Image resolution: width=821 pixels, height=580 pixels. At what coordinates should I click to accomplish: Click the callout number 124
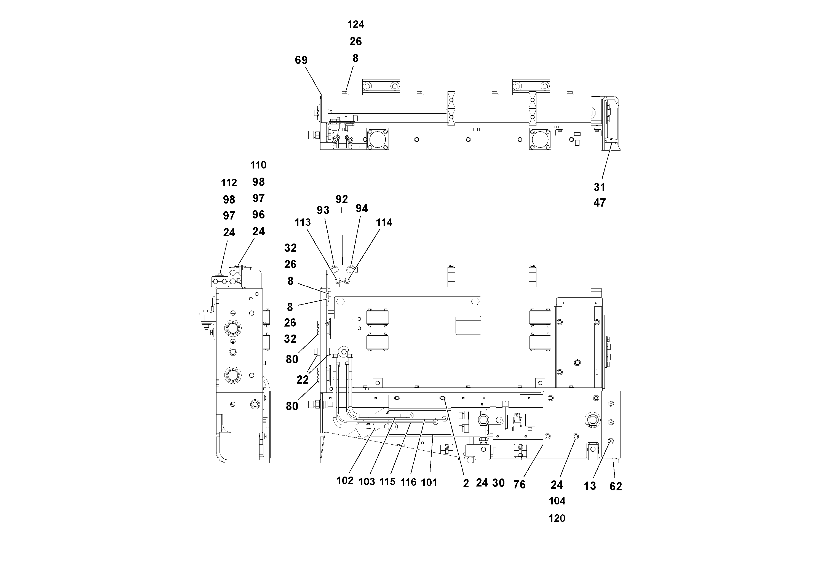click(x=355, y=24)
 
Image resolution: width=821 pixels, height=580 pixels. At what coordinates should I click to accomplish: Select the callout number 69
click(x=301, y=60)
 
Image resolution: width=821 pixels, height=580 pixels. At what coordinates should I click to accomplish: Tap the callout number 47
click(x=599, y=203)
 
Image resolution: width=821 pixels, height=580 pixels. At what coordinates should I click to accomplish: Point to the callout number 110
click(x=258, y=165)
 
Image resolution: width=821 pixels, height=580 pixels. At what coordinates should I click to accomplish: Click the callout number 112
click(x=229, y=183)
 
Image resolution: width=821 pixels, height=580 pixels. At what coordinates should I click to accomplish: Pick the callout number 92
click(x=341, y=199)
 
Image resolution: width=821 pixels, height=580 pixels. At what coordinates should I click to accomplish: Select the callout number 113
click(x=303, y=222)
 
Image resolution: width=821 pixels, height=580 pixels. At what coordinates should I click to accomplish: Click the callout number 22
click(x=303, y=380)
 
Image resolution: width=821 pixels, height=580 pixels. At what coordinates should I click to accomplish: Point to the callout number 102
click(x=345, y=481)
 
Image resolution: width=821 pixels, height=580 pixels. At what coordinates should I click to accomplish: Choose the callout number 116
click(x=408, y=482)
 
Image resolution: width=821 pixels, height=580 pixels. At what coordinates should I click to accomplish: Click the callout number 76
click(x=519, y=484)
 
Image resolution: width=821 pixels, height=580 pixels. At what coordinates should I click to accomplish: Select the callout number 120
click(x=557, y=518)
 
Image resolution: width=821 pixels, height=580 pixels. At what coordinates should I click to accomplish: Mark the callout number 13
click(x=590, y=486)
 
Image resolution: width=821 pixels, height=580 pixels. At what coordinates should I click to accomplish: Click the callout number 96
click(x=258, y=215)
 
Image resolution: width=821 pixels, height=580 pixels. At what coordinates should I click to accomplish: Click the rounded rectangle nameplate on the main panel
click(x=468, y=325)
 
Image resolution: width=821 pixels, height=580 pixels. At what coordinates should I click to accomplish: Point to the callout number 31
click(x=599, y=187)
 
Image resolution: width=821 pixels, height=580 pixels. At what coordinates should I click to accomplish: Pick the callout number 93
click(x=323, y=210)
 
